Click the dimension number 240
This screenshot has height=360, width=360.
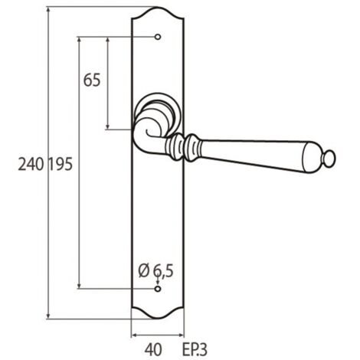coord(31,164)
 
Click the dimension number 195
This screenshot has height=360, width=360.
coord(61,164)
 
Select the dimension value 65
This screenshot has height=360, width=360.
coord(92,80)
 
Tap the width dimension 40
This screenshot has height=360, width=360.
coord(153,349)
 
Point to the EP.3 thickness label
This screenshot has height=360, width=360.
coord(195,349)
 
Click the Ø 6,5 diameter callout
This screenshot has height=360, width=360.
coord(155,271)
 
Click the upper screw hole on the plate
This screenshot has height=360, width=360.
coord(158,37)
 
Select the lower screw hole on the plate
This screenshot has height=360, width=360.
coord(158,289)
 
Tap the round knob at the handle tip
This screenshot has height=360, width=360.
coord(329,159)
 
